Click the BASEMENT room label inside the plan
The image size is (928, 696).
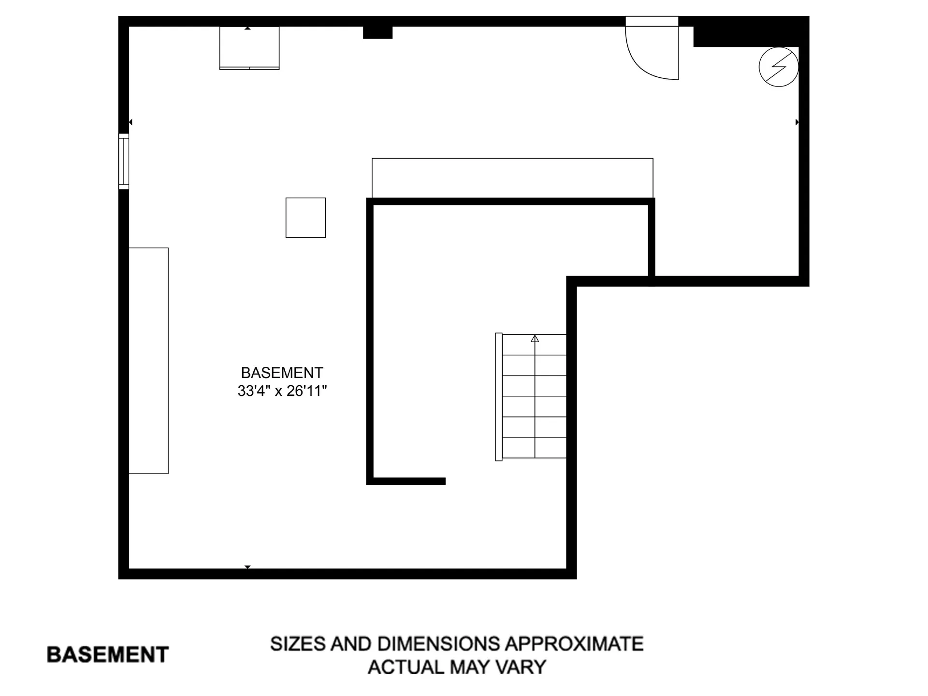click(x=282, y=373)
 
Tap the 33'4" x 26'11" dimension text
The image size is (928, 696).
click(x=282, y=391)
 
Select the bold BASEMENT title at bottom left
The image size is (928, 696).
click(x=107, y=654)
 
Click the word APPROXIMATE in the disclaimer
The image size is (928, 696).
click(x=574, y=644)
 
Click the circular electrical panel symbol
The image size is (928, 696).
click(x=778, y=67)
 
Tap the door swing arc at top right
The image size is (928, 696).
click(x=645, y=63)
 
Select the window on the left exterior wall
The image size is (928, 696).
click(x=124, y=161)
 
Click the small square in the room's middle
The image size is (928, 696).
click(x=305, y=217)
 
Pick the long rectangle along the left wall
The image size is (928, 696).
click(x=148, y=361)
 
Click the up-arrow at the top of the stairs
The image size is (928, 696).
click(x=535, y=339)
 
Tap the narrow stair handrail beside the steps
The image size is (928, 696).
click(x=499, y=396)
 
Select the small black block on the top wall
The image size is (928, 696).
click(x=377, y=32)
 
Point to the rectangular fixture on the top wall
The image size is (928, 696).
click(x=249, y=48)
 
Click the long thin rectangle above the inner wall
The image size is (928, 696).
click(x=512, y=177)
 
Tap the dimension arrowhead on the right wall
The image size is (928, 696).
click(x=797, y=122)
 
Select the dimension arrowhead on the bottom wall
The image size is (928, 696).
click(x=247, y=567)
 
